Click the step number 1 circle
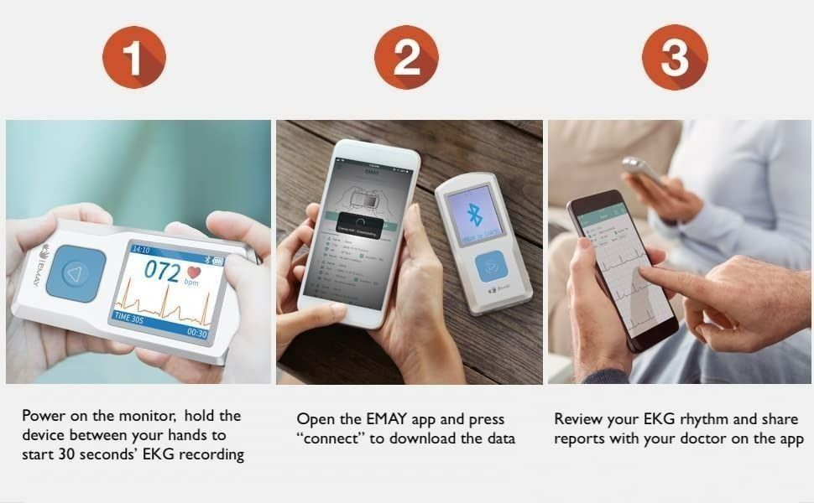(x=134, y=57)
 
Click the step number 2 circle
(x=406, y=57)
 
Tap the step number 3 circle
(x=676, y=57)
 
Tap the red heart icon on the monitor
(x=196, y=272)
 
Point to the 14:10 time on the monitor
(x=140, y=250)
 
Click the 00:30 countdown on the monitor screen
(x=197, y=333)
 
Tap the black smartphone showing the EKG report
(x=623, y=268)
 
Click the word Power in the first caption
(x=43, y=417)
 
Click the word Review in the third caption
(x=577, y=418)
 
